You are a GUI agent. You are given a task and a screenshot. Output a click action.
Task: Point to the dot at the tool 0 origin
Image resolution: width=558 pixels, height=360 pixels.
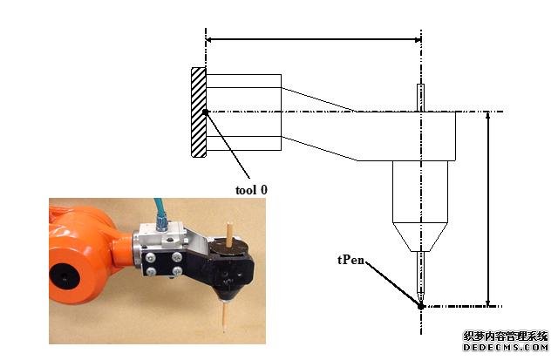click(205, 112)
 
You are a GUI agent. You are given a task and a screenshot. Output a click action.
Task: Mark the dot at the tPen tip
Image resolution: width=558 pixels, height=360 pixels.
click(420, 306)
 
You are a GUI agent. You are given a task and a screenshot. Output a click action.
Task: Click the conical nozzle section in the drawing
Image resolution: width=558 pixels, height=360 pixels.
click(420, 235)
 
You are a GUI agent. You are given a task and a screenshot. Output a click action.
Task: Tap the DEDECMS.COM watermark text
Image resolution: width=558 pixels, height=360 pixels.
click(505, 346)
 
